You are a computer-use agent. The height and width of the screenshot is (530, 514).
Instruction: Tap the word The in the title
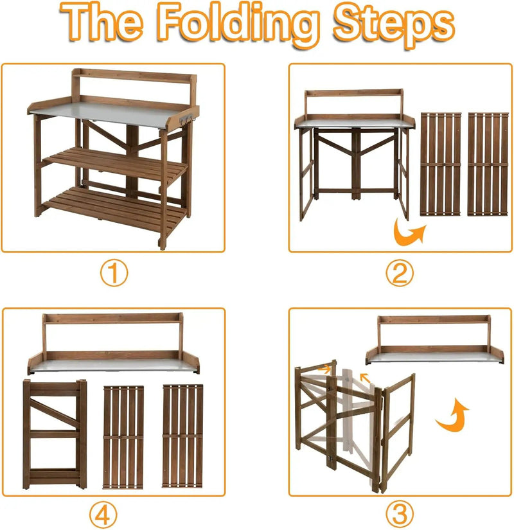pos(102,22)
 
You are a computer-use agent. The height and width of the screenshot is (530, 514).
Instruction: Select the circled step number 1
pos(114,273)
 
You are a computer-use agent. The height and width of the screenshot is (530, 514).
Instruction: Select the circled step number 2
pos(400,273)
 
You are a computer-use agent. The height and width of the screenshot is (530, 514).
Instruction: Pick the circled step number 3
pos(400,513)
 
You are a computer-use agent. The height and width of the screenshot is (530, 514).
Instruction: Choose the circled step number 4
pos(103,515)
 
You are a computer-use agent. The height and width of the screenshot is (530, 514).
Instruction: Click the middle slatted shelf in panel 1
pos(115,164)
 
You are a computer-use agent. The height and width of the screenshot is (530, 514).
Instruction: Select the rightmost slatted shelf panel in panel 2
pos(488,164)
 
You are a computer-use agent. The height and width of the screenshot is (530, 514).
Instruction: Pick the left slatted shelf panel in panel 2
pos(441,164)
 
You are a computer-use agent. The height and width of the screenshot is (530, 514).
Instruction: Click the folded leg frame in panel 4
pos(55,434)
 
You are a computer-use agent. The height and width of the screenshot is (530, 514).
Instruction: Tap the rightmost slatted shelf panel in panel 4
pos(182,436)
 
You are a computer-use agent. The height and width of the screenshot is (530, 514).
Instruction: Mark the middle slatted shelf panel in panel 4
pos(123,437)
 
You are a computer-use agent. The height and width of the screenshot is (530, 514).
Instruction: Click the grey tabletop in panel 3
pos(435,358)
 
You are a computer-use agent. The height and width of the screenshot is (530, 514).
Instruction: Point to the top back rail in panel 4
pos(113,318)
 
